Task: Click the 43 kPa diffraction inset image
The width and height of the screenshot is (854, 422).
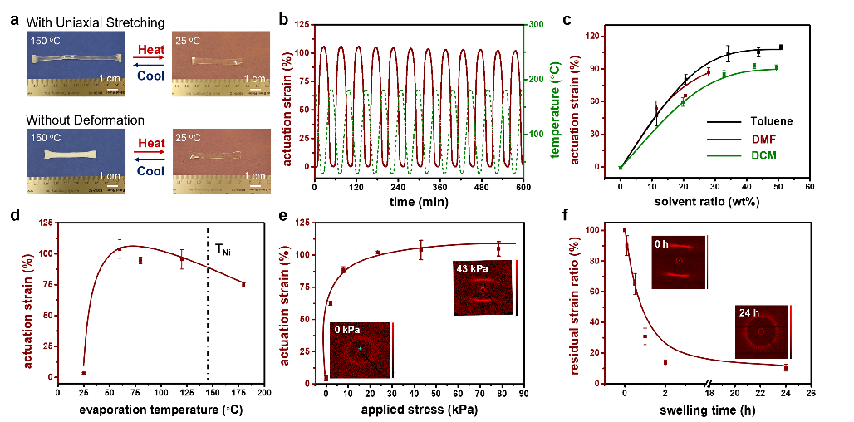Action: click(x=483, y=288)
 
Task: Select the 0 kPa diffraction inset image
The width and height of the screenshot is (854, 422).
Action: click(x=360, y=350)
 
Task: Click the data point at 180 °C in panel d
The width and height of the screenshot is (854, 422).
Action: click(x=243, y=285)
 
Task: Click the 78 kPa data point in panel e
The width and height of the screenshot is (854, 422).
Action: click(x=498, y=249)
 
